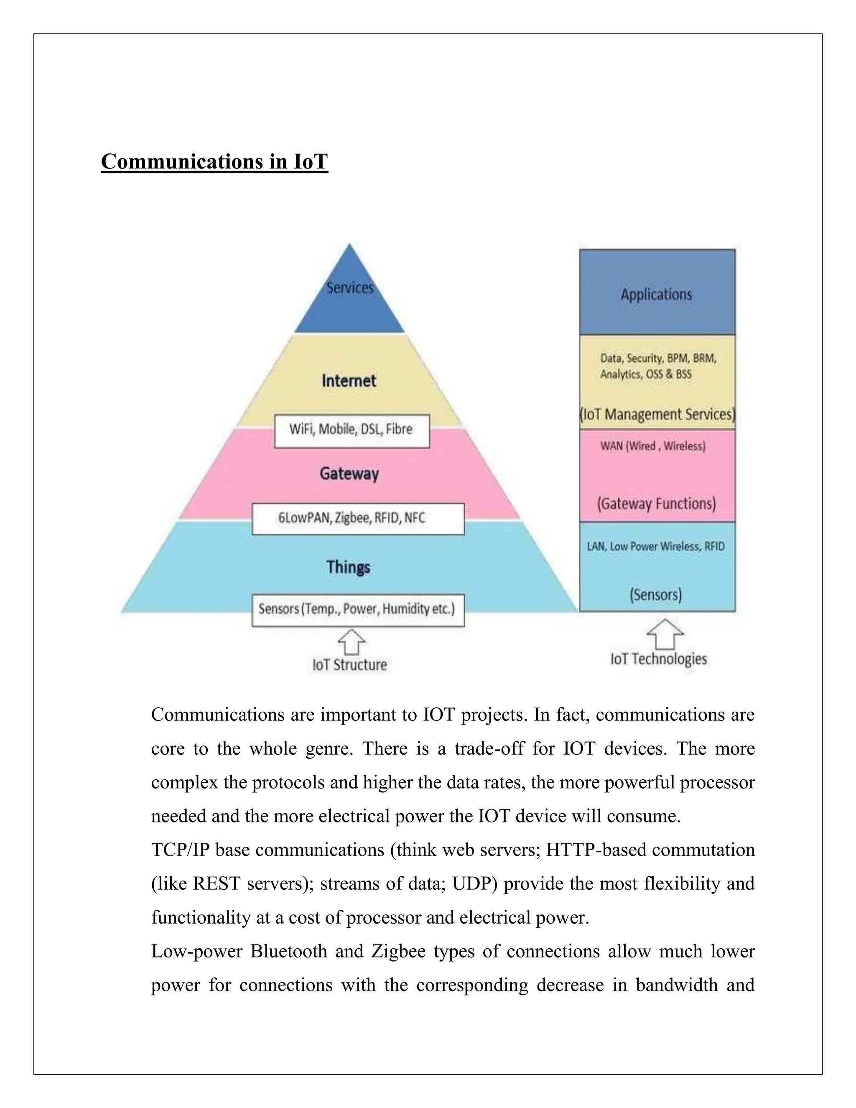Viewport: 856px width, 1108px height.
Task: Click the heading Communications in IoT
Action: point(214,162)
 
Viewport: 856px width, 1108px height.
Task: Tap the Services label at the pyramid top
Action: point(349,288)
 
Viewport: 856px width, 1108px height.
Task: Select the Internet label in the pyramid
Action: point(349,381)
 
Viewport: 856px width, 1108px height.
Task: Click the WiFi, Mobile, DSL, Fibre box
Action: point(352,430)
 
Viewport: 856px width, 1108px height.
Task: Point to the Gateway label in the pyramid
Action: point(349,474)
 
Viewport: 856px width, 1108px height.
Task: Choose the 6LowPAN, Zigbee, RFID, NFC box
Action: point(357,518)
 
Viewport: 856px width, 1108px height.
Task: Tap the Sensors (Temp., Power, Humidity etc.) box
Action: point(357,609)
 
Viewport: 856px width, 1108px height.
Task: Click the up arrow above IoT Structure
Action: point(352,642)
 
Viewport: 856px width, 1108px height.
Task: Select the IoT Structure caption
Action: point(349,665)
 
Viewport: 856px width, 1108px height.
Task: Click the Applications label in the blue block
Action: point(656,295)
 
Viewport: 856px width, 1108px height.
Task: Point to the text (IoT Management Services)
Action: point(657,414)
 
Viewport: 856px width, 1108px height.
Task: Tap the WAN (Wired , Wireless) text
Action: point(652,446)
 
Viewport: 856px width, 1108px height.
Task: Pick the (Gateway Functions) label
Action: point(656,504)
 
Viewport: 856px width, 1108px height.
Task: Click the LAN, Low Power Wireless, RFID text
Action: point(656,546)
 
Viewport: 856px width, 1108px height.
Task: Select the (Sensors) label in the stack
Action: point(656,595)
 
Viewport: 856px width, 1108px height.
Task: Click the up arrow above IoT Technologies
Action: point(665,634)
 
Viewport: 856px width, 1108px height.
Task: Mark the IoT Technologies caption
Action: point(658,659)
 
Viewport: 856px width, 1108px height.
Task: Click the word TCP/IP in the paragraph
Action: point(180,850)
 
